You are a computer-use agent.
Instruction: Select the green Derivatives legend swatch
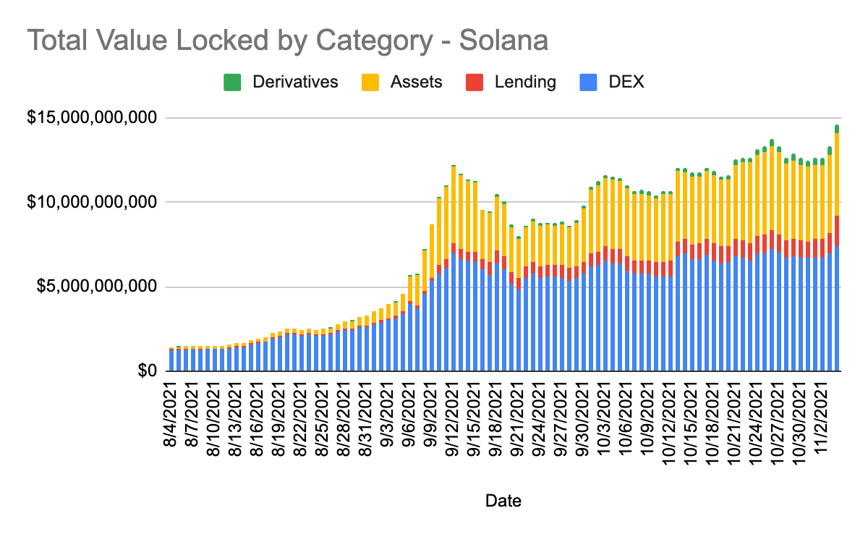232,82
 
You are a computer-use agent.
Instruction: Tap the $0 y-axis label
148,371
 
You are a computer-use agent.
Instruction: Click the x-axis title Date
503,500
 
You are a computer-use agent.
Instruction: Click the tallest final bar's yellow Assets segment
837,174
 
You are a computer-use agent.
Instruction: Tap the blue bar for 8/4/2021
172,360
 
